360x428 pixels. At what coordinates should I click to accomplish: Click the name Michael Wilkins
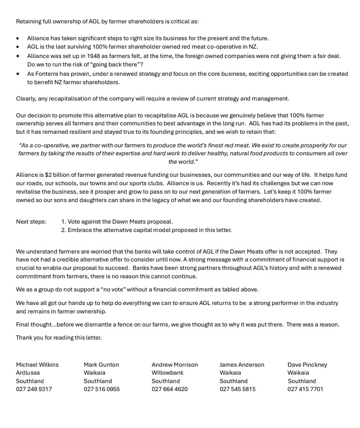tap(37, 364)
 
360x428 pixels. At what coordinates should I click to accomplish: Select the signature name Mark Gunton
tap(101, 364)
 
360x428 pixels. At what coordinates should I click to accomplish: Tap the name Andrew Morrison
tap(174, 364)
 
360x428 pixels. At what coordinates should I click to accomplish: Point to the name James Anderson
tap(242, 364)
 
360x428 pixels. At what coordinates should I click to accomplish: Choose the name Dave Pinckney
tap(307, 364)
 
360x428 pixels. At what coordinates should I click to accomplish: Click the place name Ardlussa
tap(28, 373)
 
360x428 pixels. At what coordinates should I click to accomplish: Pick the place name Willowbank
tap(167, 373)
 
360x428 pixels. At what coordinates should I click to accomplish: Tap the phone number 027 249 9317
tap(34, 389)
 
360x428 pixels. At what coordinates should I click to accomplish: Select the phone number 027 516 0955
tap(102, 389)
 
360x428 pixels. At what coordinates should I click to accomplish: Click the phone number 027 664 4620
tap(170, 389)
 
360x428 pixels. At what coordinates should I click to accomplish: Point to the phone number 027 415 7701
tap(305, 389)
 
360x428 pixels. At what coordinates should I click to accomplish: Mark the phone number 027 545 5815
tap(238, 389)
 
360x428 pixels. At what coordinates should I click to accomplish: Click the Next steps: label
tap(31, 221)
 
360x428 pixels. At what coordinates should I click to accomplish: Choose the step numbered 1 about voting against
tap(117, 221)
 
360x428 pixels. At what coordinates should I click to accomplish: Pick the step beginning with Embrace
tap(146, 230)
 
